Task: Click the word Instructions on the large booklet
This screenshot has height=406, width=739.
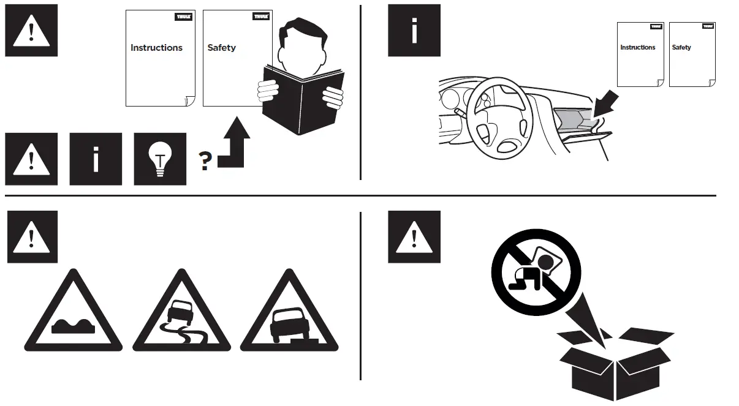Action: [156, 48]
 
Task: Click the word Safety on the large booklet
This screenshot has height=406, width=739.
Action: [221, 48]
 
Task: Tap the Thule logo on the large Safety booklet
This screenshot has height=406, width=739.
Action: [261, 17]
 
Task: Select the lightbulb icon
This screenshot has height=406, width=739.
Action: [160, 159]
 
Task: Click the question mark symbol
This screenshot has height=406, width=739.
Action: [205, 161]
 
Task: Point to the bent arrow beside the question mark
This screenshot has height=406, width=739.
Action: [233, 145]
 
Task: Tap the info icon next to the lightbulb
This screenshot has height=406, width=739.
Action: [95, 159]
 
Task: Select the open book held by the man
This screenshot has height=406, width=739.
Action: [303, 101]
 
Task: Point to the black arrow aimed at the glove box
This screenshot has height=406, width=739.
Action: [605, 103]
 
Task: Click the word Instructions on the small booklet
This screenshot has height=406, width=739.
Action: [637, 47]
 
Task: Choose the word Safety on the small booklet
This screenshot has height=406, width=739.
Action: [681, 47]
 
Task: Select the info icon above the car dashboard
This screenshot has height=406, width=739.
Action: [414, 31]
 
